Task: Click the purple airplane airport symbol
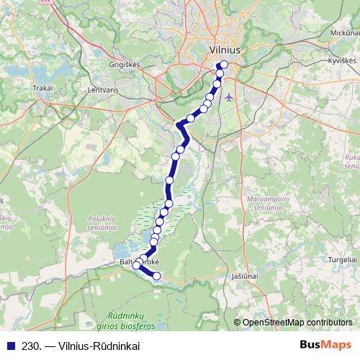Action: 229,96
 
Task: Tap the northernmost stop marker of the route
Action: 223,65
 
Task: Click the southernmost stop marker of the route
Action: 156,274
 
